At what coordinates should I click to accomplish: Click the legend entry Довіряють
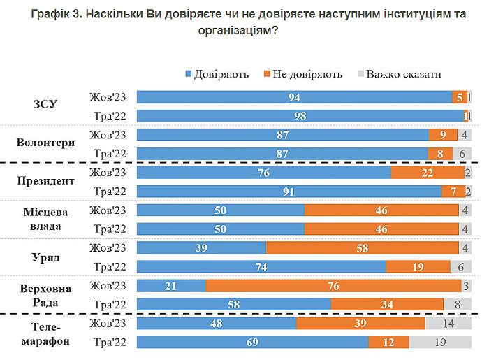[221, 73]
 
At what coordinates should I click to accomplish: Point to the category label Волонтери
[45, 143]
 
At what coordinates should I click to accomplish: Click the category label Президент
[45, 181]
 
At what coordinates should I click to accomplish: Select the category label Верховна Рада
[45, 294]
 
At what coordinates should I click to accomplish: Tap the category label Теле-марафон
[45, 332]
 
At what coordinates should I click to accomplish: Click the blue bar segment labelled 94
[294, 97]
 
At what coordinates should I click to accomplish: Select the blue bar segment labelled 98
[300, 116]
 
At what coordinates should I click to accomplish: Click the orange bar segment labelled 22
[428, 173]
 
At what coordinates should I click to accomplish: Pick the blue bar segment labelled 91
[289, 192]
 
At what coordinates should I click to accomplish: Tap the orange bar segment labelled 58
[364, 248]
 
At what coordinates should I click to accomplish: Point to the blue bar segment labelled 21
[171, 285]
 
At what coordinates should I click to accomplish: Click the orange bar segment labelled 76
[333, 285]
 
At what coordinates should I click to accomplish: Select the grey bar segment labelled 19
[440, 343]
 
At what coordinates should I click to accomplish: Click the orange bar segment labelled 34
[387, 304]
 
